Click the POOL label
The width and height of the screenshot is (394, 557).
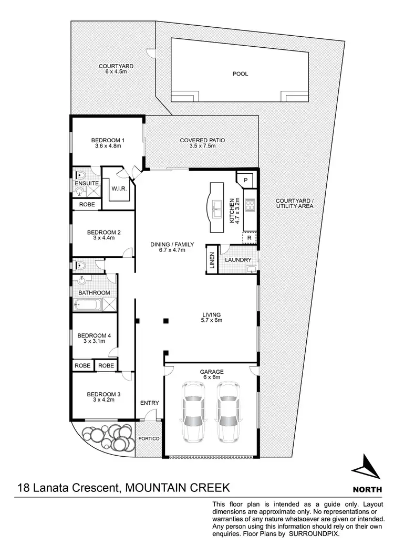pyautogui.click(x=240, y=74)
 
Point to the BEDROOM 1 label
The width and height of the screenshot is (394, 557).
pyautogui.click(x=108, y=140)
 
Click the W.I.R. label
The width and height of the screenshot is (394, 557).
pyautogui.click(x=117, y=188)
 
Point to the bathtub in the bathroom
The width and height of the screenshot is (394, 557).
pyautogui.click(x=87, y=304)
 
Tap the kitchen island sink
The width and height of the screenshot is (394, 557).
pyautogui.click(x=216, y=211)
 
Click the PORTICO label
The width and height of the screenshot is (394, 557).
pyautogui.click(x=148, y=438)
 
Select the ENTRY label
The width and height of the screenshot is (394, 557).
pyautogui.click(x=149, y=403)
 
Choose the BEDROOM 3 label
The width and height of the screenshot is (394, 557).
pyautogui.click(x=96, y=394)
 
